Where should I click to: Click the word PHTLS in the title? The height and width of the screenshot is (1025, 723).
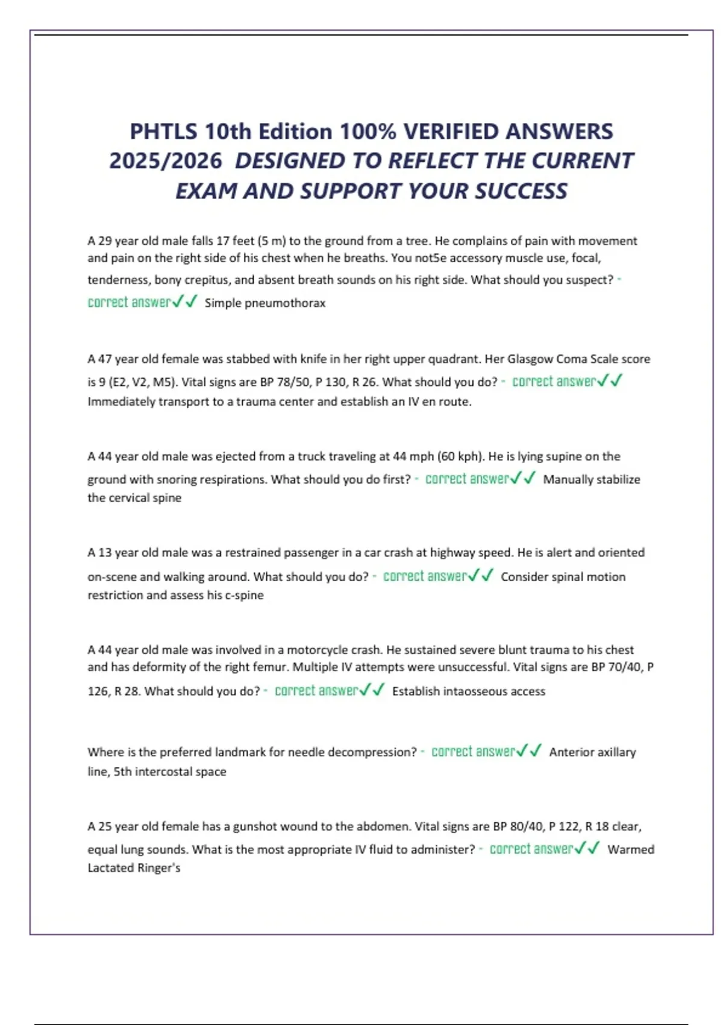point(162,131)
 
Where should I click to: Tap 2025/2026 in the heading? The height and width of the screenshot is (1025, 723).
point(166,161)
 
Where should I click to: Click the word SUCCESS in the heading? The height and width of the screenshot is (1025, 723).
point(521,191)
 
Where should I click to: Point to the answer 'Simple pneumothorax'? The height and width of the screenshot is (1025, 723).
point(264,303)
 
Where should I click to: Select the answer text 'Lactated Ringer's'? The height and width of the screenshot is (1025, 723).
point(134,868)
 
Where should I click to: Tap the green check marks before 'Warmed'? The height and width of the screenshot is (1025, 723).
point(587,849)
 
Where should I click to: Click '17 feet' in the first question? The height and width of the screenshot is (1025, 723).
point(235,241)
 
